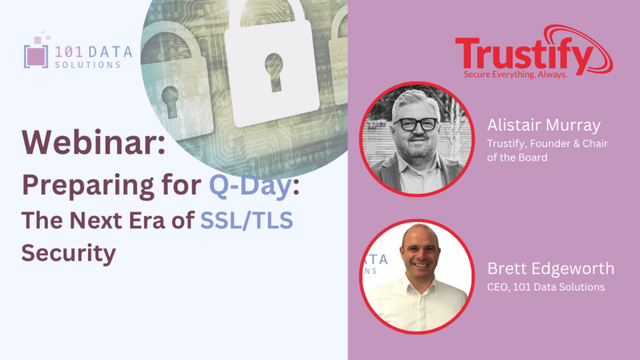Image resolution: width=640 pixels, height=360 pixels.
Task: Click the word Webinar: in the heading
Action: (94, 142)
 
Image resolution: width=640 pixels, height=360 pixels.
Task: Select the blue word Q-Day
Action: (251, 185)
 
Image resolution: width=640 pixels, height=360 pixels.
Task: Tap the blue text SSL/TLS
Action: (246, 221)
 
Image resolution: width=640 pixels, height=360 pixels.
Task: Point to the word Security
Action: (69, 253)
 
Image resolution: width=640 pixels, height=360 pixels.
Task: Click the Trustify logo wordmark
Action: (524, 54)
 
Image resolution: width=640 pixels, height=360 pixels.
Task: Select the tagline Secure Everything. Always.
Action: (515, 75)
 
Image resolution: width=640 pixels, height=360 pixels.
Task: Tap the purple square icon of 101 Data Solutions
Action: (36, 56)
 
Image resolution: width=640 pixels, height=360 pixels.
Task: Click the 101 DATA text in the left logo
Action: (93, 52)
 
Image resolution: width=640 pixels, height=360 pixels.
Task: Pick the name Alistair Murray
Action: (544, 125)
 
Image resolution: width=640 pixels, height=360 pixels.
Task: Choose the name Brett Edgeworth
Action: (551, 268)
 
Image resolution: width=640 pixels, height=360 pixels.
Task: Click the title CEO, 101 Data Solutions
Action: (546, 287)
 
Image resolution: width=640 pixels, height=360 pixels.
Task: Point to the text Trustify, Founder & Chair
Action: (547, 144)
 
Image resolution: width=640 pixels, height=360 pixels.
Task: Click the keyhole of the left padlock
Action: (170, 101)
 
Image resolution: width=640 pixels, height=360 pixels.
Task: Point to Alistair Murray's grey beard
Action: (417, 147)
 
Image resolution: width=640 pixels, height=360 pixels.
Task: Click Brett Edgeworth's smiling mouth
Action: (421, 266)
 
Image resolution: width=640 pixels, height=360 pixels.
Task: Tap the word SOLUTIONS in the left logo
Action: (87, 65)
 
